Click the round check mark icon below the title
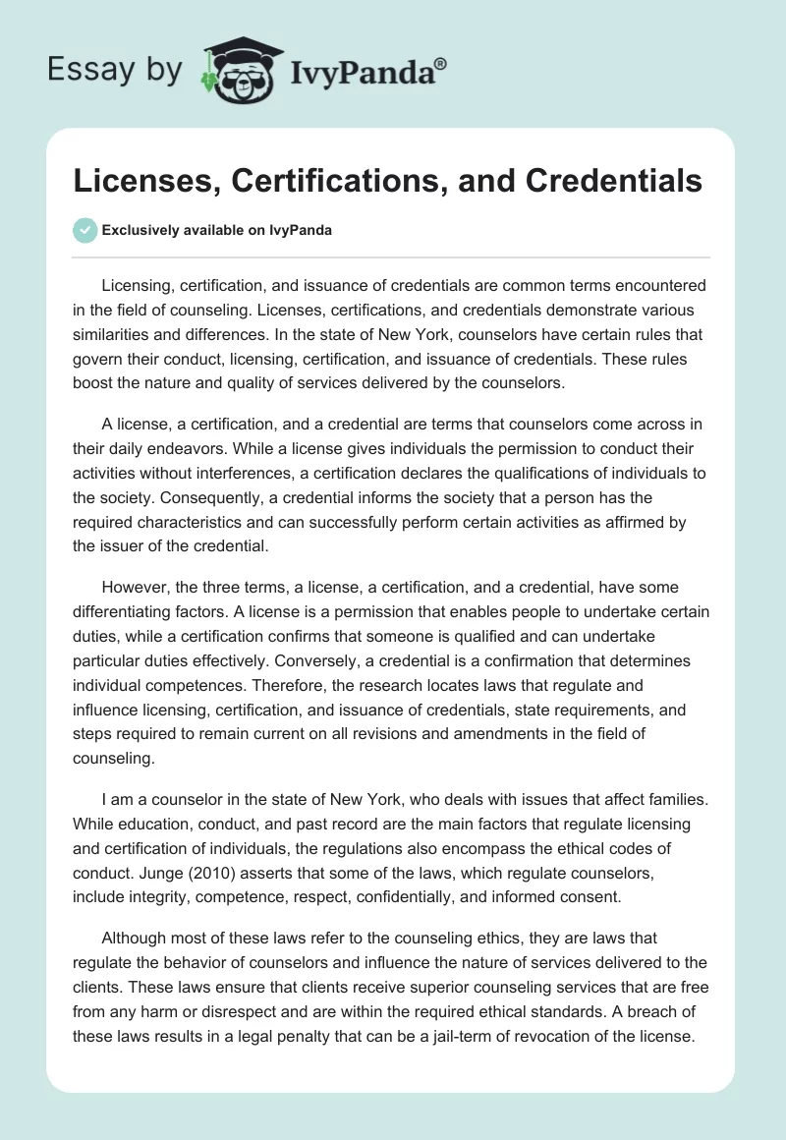point(85,230)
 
